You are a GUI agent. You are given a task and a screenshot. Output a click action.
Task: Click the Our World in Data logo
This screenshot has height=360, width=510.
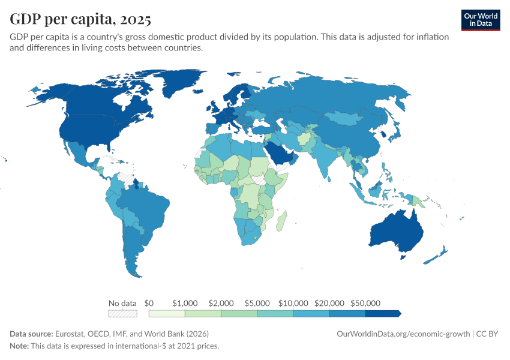click(481, 20)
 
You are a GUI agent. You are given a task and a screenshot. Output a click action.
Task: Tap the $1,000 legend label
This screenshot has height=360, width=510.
click(185, 304)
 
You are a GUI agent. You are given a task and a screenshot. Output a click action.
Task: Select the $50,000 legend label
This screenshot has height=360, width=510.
click(365, 304)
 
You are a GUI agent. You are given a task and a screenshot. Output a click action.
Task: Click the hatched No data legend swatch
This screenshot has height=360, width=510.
click(122, 313)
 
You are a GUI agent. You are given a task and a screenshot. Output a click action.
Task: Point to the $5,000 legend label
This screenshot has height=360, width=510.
click(257, 304)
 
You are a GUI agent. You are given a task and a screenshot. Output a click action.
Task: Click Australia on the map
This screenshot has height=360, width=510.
click(396, 232)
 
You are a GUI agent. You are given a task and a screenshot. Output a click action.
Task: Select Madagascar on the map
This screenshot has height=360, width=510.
click(281, 221)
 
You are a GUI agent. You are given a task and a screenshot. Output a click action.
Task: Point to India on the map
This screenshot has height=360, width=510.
click(322, 156)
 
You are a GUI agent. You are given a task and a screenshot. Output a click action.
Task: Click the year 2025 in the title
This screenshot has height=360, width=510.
click(136, 20)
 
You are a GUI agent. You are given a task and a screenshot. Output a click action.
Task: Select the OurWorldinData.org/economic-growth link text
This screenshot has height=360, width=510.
click(403, 334)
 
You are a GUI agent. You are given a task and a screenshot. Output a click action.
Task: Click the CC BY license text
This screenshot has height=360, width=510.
click(487, 334)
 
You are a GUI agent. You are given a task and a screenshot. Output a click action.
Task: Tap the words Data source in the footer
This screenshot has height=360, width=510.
click(31, 334)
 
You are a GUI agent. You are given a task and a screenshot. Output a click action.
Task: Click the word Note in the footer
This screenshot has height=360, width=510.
click(19, 346)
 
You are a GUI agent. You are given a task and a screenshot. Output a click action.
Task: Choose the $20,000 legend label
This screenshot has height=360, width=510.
click(329, 304)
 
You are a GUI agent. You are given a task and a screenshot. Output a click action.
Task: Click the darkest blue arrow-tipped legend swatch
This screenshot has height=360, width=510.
click(383, 313)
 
